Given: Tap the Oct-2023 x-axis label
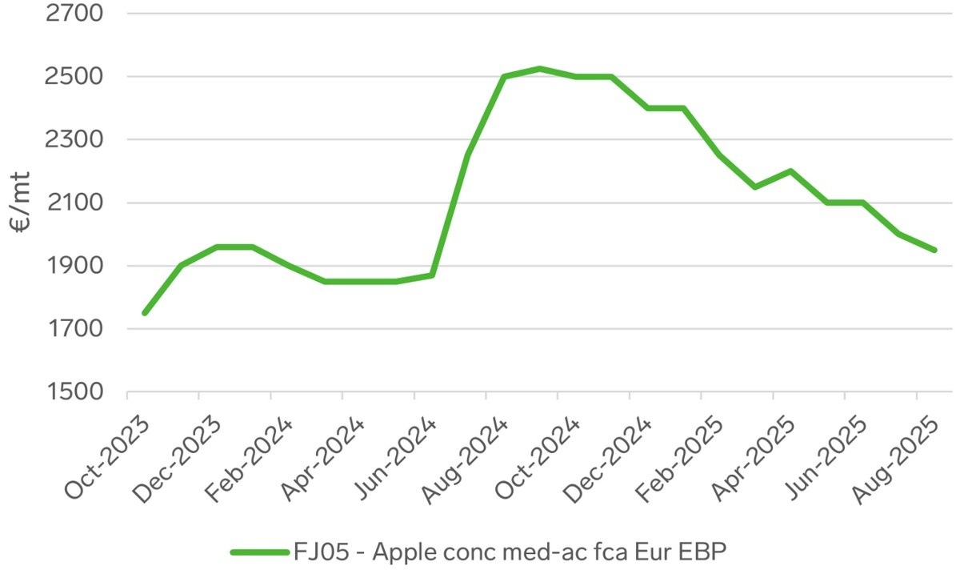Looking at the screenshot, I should (x=107, y=457).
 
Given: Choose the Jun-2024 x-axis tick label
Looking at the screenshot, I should (x=394, y=457).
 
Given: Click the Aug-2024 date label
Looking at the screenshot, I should (x=466, y=457).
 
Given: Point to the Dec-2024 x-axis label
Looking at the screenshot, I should (x=610, y=457).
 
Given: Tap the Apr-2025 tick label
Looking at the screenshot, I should (x=754, y=457).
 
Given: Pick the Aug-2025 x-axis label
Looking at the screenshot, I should (x=897, y=457).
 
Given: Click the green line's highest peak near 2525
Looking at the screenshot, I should (x=540, y=69).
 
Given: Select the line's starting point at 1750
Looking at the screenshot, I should (x=145, y=313).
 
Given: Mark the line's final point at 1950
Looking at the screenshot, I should (x=934, y=250).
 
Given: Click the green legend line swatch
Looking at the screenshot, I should (x=259, y=552).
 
